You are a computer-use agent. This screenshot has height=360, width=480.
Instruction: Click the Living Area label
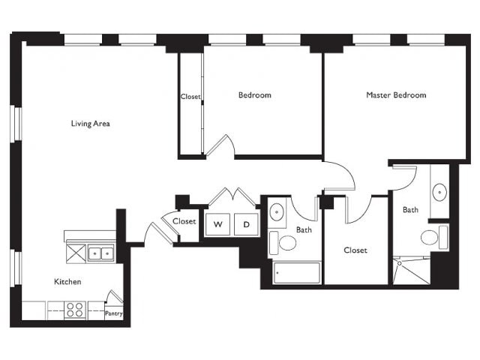coord(90,123)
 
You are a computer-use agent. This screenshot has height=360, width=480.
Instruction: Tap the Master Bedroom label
coord(396,95)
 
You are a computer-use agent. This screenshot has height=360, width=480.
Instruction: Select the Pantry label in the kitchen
coord(114,313)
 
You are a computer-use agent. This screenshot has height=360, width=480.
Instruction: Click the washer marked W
coord(217,224)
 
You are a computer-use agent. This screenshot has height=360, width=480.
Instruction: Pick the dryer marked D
coord(246,224)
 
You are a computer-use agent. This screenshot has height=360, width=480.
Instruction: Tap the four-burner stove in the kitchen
coord(75,310)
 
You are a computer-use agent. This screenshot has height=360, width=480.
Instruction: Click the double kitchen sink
coord(101,253)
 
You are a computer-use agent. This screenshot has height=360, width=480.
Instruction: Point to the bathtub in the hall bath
coord(297,272)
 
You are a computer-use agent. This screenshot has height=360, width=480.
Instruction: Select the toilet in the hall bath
coord(283,243)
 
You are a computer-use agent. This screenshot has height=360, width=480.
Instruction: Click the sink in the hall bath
coord(277,211)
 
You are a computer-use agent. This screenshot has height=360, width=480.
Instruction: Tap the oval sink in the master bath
coord(439,192)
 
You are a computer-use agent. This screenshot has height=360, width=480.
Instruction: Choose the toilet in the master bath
coord(434,238)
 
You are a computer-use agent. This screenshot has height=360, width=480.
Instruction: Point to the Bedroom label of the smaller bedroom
coord(255,95)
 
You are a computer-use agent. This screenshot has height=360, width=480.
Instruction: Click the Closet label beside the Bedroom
coord(190,97)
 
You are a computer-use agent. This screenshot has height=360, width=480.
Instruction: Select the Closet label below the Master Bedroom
coord(355,250)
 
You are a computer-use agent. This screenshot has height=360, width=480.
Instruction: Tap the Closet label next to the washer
coord(184,221)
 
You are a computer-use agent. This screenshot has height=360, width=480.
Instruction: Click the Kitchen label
coord(67,282)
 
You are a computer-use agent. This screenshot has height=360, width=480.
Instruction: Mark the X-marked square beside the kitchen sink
coord(76,253)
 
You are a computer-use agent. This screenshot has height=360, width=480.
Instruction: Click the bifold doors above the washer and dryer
coord(232,196)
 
